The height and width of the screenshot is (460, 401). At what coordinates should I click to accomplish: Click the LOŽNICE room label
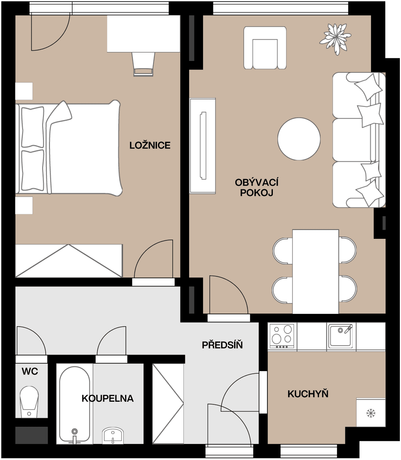pos(150,146)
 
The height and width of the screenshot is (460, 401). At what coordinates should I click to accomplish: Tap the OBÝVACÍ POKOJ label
pos(256,187)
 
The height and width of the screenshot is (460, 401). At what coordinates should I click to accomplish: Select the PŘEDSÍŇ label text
pos(222,345)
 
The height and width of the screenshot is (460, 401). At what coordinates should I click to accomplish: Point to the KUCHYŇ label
pos(308,394)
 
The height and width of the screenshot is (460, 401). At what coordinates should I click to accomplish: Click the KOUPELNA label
pos(107,399)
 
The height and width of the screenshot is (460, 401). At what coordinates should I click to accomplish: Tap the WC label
pos(30,371)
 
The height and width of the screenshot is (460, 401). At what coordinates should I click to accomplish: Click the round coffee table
pos(299,139)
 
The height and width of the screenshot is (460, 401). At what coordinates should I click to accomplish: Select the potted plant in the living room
pos(336,38)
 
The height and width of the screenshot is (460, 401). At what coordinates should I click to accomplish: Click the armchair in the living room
pos(265,48)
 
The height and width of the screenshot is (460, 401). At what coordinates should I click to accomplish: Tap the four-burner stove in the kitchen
pos(282,336)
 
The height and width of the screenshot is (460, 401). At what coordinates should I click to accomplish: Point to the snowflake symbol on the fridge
pos(370,413)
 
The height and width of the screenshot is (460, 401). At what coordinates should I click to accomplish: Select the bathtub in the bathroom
pos(75,402)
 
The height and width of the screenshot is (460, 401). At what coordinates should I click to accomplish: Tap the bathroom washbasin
pos(113,435)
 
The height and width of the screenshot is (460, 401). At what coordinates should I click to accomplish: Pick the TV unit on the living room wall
pos(203,146)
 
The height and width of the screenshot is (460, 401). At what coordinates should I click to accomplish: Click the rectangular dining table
pos(315,271)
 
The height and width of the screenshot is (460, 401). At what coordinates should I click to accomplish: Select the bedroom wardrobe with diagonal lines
pos(69,261)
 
